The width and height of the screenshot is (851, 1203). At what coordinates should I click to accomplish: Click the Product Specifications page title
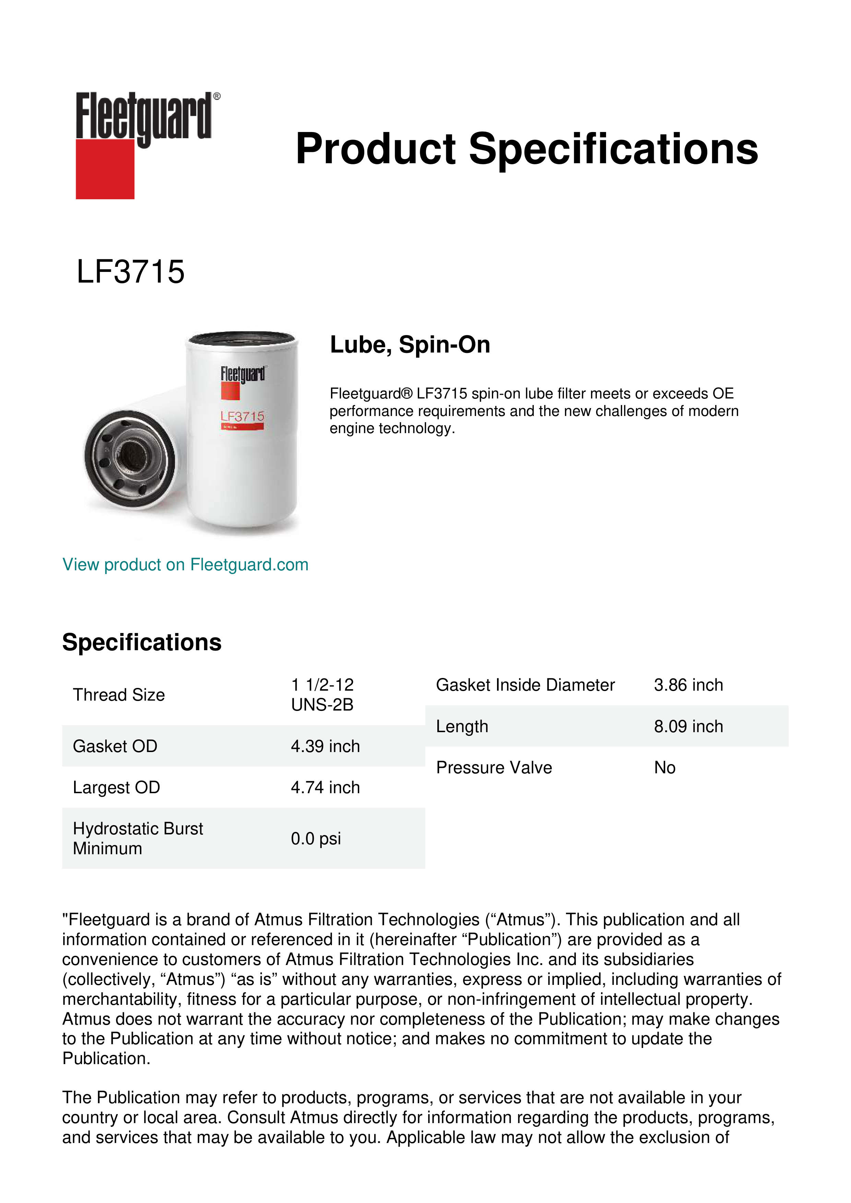526,149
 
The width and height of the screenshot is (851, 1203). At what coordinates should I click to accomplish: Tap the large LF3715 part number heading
130,272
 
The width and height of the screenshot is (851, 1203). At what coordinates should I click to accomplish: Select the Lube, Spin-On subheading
410,345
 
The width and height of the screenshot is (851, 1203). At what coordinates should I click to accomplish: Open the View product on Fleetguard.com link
185,565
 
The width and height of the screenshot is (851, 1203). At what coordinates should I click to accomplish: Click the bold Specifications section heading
141,642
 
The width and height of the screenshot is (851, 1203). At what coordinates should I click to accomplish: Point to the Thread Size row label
119,695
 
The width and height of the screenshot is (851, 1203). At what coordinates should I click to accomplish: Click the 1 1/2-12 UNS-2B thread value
322,695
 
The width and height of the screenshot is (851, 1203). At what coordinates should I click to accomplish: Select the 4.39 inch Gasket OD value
325,746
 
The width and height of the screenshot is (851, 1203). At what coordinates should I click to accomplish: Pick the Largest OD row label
116,787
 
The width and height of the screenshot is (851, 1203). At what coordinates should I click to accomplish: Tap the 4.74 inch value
325,787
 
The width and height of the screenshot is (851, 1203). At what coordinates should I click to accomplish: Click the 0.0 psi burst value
316,839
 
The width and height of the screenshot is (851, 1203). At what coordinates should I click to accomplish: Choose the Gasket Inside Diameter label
525,685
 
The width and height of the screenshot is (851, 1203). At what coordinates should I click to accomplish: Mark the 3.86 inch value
688,685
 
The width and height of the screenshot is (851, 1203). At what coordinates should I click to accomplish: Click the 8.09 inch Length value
688,726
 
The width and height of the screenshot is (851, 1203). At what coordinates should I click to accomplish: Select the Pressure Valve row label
494,767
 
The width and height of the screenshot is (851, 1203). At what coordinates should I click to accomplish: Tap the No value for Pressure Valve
664,767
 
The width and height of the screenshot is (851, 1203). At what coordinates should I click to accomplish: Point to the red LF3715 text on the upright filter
242,417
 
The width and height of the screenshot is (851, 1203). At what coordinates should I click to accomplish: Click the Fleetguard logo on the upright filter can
242,374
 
